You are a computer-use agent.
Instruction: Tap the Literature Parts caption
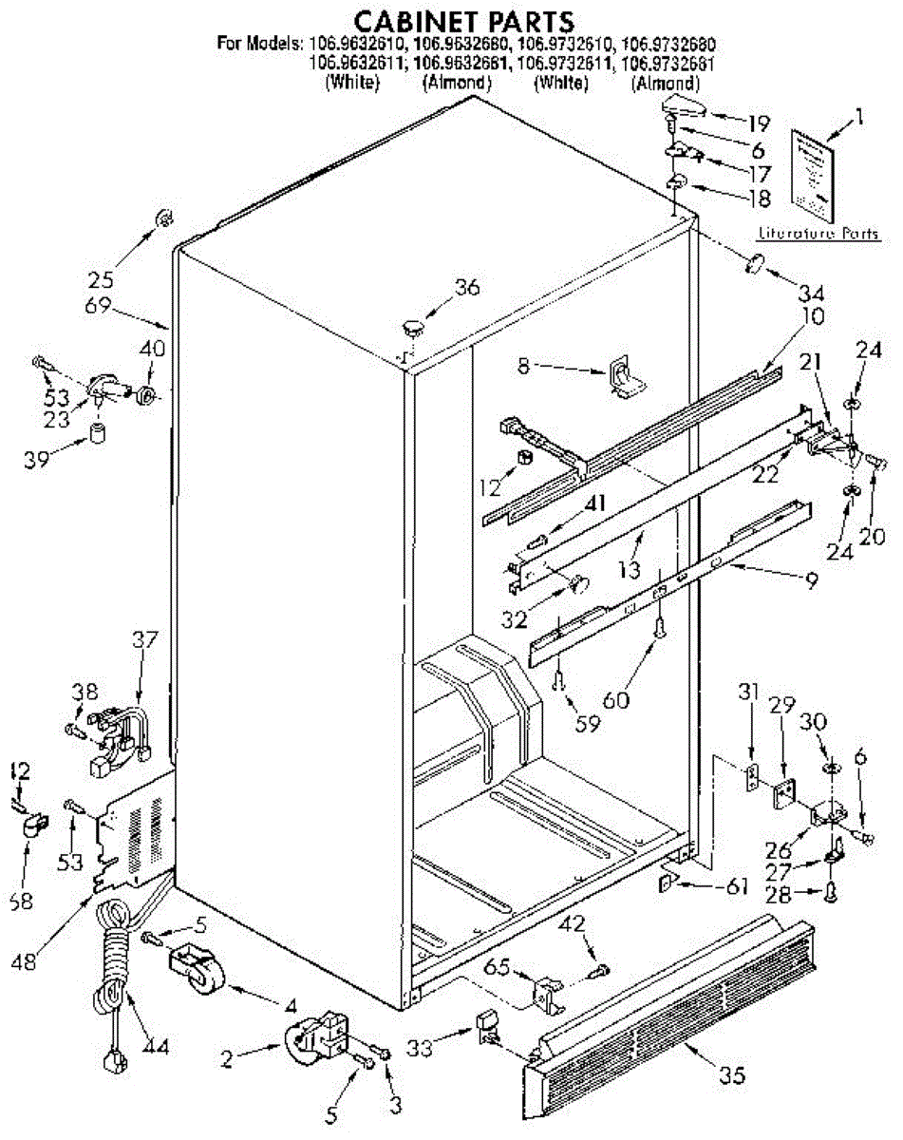tap(818, 234)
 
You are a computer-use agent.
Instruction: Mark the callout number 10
tap(786, 314)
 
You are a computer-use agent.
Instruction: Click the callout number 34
tap(811, 291)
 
